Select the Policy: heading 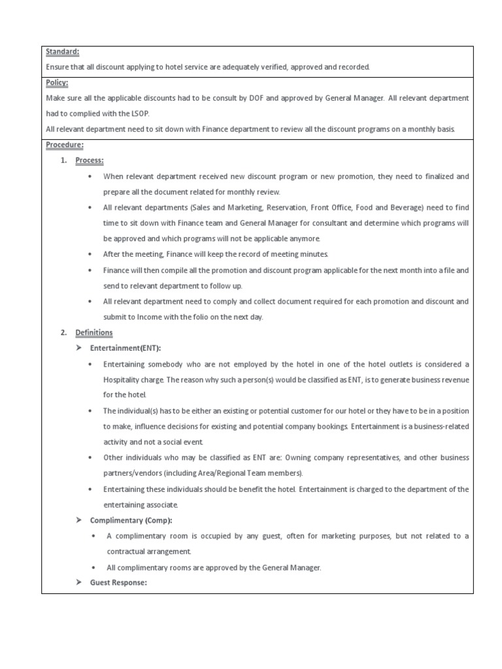pos(56,83)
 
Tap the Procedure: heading pos(64,145)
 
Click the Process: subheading pos(90,161)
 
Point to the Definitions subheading pos(94,333)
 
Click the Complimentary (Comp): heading pos(129,520)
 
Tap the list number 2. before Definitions pos(63,333)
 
